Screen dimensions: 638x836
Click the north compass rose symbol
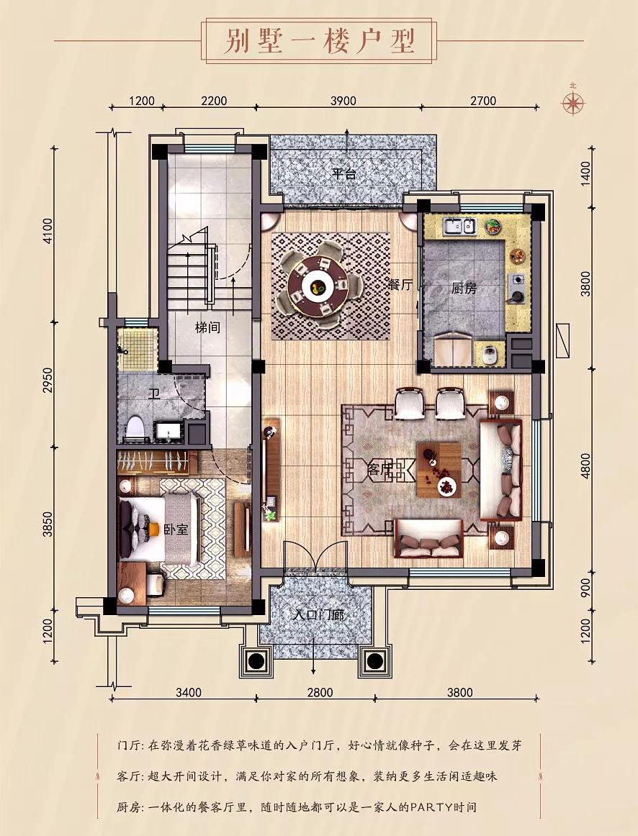[574, 102]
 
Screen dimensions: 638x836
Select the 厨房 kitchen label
[464, 288]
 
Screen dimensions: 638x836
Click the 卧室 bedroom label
[176, 530]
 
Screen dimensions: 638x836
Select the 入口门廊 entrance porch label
[319, 615]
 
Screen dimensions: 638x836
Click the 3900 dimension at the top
[343, 101]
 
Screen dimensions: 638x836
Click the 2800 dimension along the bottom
[320, 693]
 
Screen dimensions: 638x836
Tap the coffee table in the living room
[439, 470]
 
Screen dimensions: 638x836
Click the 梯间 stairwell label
[207, 327]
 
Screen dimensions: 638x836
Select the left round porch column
[254, 661]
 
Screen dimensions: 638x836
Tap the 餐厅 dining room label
[400, 285]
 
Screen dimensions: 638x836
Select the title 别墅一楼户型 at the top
[318, 40]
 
